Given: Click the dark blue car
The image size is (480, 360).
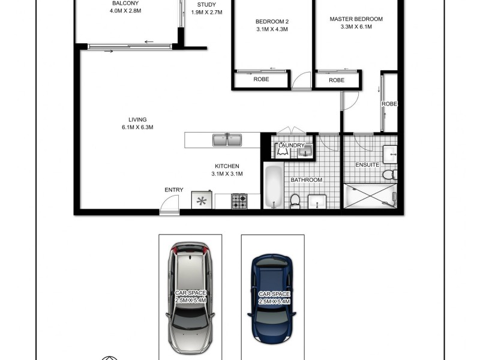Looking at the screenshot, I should [273, 296].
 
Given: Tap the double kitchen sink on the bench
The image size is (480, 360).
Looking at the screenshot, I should [226, 140].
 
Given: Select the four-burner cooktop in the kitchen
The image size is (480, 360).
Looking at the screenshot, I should [239, 200].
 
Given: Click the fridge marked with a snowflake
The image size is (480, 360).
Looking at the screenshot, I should [202, 200].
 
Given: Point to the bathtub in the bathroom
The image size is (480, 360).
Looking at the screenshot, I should [272, 186].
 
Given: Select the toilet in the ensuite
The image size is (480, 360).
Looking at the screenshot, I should [389, 175].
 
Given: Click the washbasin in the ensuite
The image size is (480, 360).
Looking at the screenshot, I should [390, 154].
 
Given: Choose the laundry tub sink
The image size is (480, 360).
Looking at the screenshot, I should [305, 151].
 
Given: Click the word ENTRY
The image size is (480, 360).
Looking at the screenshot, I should [173, 190].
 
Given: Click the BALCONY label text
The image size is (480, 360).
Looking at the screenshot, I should [125, 4].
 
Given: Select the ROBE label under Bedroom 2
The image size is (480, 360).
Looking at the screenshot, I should [260, 79].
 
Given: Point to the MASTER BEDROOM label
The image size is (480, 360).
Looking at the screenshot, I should [356, 19].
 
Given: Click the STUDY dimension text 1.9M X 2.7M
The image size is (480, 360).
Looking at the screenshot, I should [206, 12].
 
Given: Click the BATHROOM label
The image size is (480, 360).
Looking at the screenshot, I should [307, 180].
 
